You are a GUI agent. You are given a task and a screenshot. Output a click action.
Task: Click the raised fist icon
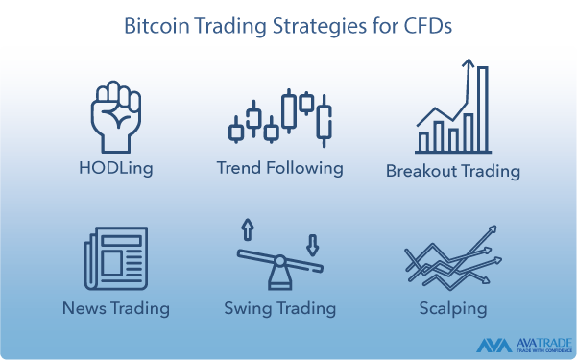pyautogui.click(x=115, y=115)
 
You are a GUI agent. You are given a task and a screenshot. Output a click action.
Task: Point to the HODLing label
pyautogui.click(x=115, y=169)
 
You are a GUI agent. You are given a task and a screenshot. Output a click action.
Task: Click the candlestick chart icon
pyautogui.click(x=280, y=117)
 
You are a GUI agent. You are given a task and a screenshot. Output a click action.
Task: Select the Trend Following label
pyautogui.click(x=279, y=169)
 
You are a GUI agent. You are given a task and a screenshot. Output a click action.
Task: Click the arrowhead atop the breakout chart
pyautogui.click(x=469, y=64)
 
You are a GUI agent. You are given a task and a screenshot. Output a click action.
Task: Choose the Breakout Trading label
pyautogui.click(x=452, y=172)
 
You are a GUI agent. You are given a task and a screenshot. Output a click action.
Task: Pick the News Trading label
pyautogui.click(x=115, y=309)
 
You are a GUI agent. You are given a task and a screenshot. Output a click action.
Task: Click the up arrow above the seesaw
pyautogui.click(x=247, y=228)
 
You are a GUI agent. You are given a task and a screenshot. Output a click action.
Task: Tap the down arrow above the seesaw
pyautogui.click(x=312, y=242)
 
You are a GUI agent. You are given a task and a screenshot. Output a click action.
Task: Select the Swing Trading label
pyautogui.click(x=279, y=309)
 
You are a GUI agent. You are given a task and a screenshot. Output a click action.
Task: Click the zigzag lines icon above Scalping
pyautogui.click(x=452, y=257)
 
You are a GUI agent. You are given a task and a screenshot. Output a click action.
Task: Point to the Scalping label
pyautogui.click(x=452, y=309)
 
